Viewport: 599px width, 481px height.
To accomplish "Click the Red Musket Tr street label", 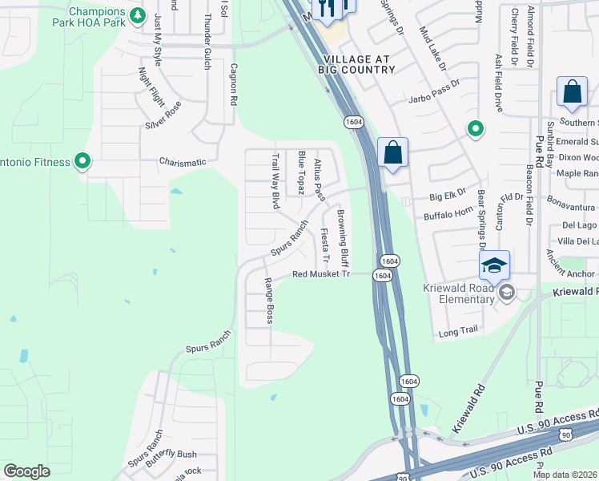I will [321, 274].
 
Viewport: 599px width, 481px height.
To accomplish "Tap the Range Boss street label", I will [270, 301].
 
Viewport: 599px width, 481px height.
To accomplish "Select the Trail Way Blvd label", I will [275, 182].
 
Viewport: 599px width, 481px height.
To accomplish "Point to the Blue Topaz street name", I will [301, 172].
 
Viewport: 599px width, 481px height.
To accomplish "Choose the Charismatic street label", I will [183, 162].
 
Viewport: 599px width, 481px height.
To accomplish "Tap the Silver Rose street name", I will [163, 115].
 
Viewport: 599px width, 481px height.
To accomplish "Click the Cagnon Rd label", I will [235, 86].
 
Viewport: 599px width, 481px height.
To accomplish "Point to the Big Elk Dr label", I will [447, 195].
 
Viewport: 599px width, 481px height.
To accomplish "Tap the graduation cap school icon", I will [495, 265].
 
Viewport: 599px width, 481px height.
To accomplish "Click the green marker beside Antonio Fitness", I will [82, 162].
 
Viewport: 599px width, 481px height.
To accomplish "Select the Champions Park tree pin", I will [138, 15].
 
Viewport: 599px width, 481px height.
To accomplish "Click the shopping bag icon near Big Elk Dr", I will [393, 152].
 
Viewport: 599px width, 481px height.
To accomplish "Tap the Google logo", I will [26, 472].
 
